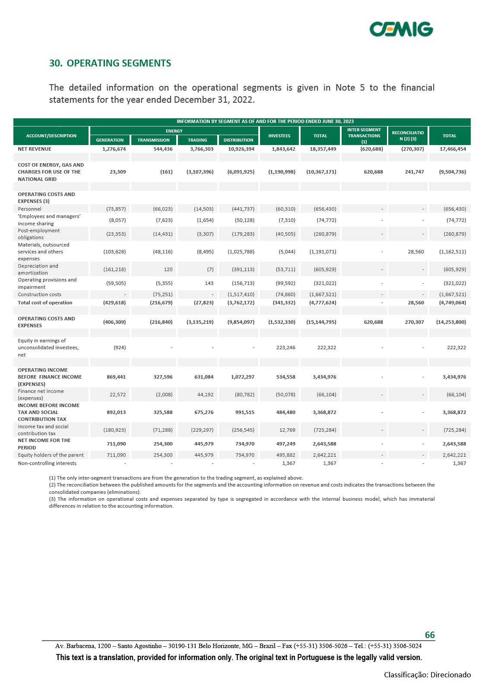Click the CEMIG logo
(401, 29)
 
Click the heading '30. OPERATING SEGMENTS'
(110, 63)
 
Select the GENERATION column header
(110, 140)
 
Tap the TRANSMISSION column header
(153, 140)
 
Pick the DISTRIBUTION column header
(238, 140)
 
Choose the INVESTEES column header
(279, 136)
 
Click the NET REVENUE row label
(35, 149)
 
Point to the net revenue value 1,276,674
(114, 149)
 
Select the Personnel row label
(29, 209)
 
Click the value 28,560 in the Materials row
(415, 252)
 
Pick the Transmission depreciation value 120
(168, 269)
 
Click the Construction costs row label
(39, 294)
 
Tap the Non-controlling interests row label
(47, 463)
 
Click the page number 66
(430, 635)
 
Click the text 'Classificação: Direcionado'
(427, 675)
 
